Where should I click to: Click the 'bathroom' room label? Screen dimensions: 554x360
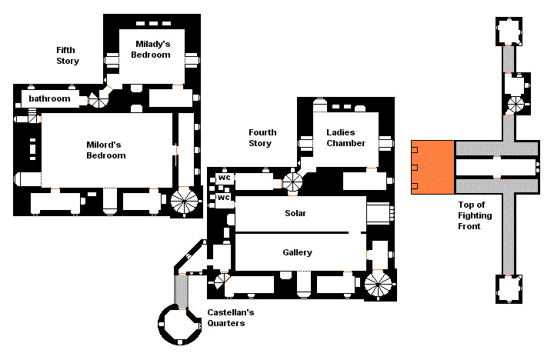point(49,98)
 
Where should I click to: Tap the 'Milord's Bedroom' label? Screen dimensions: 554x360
point(106,150)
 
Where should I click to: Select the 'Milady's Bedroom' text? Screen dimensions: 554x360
point(151,49)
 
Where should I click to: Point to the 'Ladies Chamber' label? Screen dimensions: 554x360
point(346,138)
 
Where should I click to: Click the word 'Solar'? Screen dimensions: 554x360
point(295,213)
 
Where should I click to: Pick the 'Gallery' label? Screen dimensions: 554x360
point(298,252)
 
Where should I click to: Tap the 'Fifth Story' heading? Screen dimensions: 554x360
point(68,55)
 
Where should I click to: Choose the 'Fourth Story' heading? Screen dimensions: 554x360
point(262,138)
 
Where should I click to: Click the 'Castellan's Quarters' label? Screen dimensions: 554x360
point(230,318)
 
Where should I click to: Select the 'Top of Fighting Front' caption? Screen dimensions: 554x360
point(475,215)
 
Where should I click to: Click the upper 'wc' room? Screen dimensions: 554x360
point(225,178)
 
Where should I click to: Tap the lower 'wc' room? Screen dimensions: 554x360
point(224,198)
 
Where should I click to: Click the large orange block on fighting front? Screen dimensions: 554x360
point(432,168)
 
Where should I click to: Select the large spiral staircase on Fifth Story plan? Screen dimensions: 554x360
point(184,202)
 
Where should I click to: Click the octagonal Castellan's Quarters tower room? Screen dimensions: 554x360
point(179,325)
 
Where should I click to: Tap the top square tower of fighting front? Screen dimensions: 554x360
point(509,31)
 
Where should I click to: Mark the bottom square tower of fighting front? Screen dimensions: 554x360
point(509,289)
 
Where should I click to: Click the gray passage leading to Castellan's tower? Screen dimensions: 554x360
point(182,292)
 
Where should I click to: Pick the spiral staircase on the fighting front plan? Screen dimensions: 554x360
point(515,105)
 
